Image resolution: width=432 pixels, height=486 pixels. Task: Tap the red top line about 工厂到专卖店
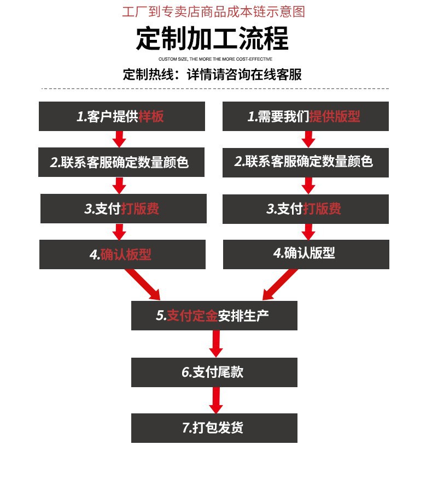(213, 11)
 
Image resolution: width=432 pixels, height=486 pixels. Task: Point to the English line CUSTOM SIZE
(215, 58)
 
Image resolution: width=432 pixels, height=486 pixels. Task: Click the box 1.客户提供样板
(121, 116)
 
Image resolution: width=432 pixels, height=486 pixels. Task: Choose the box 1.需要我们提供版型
(305, 116)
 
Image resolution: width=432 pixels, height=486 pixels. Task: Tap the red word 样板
(151, 116)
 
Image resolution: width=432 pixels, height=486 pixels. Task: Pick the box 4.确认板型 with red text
(122, 254)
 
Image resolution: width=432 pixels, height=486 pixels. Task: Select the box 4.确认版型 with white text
(306, 253)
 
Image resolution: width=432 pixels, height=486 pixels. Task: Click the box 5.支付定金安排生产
(214, 316)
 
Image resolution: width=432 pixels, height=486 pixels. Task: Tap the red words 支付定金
(192, 316)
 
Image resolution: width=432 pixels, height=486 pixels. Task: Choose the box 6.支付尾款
(214, 372)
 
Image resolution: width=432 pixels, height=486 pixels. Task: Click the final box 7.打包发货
(214, 428)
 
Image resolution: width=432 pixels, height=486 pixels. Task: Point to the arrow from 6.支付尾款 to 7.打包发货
(215, 400)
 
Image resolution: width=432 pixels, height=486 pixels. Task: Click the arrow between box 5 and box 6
(215, 344)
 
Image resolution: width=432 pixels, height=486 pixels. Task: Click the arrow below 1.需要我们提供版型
(308, 139)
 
